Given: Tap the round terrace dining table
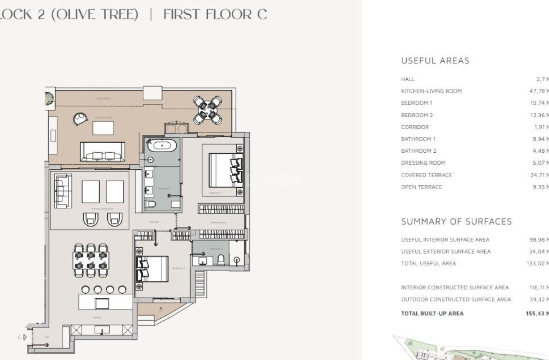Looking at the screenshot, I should [x=207, y=110].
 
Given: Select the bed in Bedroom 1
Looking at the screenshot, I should [x=225, y=170].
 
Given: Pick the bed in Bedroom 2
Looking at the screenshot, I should [x=152, y=269].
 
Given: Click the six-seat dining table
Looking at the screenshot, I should [x=91, y=260].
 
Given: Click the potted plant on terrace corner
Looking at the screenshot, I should [x=50, y=98].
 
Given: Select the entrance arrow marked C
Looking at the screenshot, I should [x=25, y=337].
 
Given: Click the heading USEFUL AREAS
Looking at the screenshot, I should [x=435, y=61].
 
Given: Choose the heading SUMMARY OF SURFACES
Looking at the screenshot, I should [x=456, y=222].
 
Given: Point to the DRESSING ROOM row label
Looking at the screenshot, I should [x=423, y=163].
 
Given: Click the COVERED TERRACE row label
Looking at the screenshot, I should [x=426, y=175].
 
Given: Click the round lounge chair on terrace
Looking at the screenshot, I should [x=80, y=119].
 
